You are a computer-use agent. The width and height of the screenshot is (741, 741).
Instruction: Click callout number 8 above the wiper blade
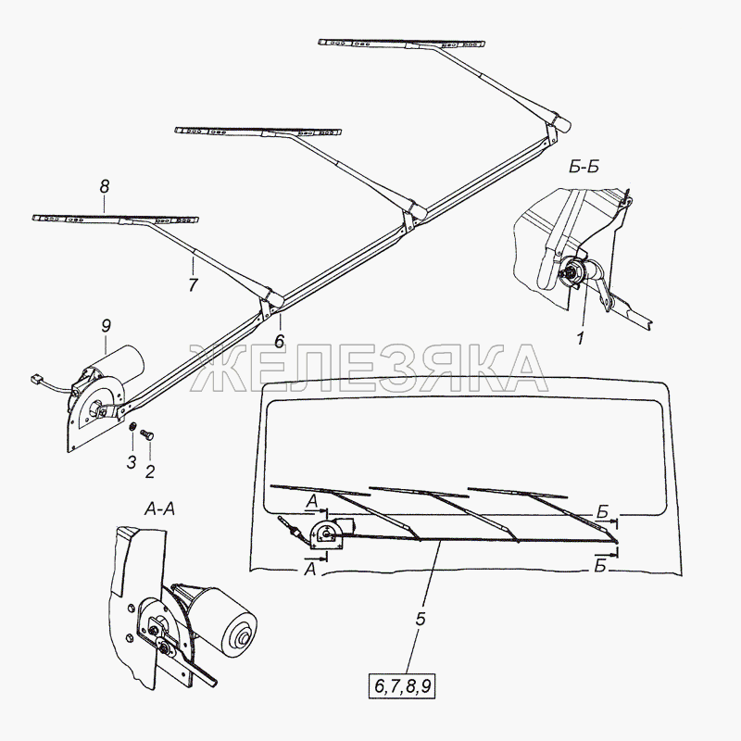[104, 187]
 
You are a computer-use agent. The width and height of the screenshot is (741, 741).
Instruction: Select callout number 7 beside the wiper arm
[193, 285]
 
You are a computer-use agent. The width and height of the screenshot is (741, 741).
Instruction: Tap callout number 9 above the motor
[106, 326]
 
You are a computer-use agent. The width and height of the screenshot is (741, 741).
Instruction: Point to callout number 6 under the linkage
[280, 341]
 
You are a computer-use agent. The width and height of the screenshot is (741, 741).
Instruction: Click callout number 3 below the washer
[132, 462]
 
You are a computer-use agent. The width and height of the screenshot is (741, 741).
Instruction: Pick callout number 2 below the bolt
[150, 471]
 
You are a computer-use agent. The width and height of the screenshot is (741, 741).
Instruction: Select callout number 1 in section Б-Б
[581, 338]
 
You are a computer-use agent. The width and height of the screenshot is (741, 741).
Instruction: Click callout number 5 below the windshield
[421, 619]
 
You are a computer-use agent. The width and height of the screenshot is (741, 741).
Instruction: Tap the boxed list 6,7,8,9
[403, 686]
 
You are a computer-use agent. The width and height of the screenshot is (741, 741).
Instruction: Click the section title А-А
[159, 509]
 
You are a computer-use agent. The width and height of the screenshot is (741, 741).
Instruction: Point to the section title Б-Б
[584, 168]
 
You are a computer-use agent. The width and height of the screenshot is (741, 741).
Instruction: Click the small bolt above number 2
[147, 434]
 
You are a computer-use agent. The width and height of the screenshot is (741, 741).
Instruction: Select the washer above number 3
[132, 427]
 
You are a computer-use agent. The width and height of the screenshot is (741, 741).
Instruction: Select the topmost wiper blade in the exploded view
[402, 44]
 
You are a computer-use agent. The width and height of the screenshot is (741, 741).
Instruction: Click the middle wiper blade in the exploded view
[258, 132]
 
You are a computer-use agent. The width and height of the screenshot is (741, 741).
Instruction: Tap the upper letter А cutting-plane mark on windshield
[311, 501]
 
